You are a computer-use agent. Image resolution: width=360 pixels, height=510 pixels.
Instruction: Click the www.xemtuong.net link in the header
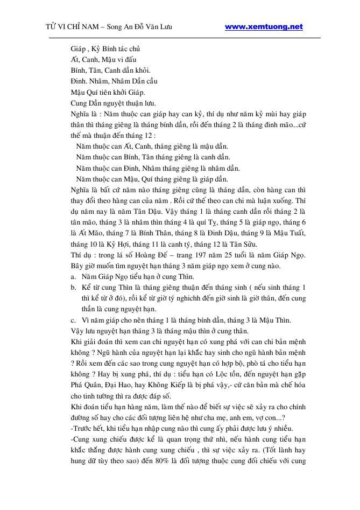coord(263,26)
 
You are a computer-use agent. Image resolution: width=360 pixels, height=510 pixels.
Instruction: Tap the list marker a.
coord(73,277)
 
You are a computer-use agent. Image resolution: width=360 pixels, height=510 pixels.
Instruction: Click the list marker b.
coord(73,288)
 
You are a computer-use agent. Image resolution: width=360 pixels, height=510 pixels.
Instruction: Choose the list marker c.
coord(73,320)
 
